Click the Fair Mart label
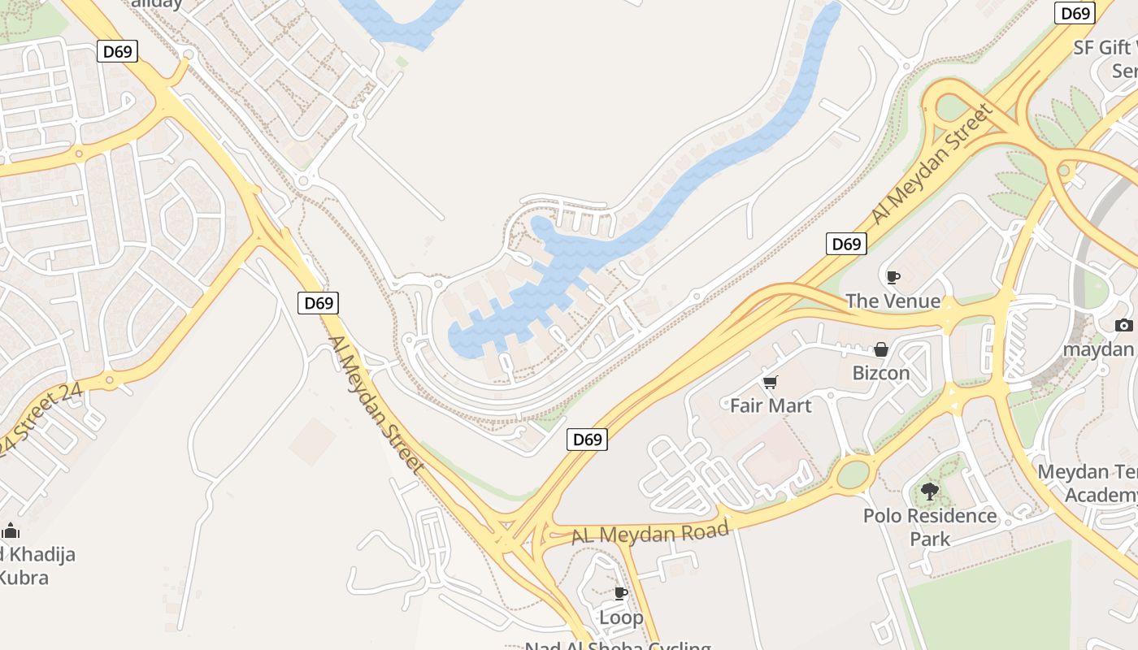click(771, 405)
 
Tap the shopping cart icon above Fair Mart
click(770, 382)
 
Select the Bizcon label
click(880, 373)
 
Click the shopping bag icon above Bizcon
click(880, 350)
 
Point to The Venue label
click(893, 301)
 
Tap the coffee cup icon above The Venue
click(893, 278)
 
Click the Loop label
click(621, 617)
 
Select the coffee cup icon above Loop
click(621, 594)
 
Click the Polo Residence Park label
click(930, 526)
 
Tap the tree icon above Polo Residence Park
click(930, 492)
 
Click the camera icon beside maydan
click(1124, 326)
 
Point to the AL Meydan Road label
click(650, 533)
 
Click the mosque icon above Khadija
click(11, 531)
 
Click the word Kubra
click(24, 578)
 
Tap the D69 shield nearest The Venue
click(846, 244)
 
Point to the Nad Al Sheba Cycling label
click(618, 646)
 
